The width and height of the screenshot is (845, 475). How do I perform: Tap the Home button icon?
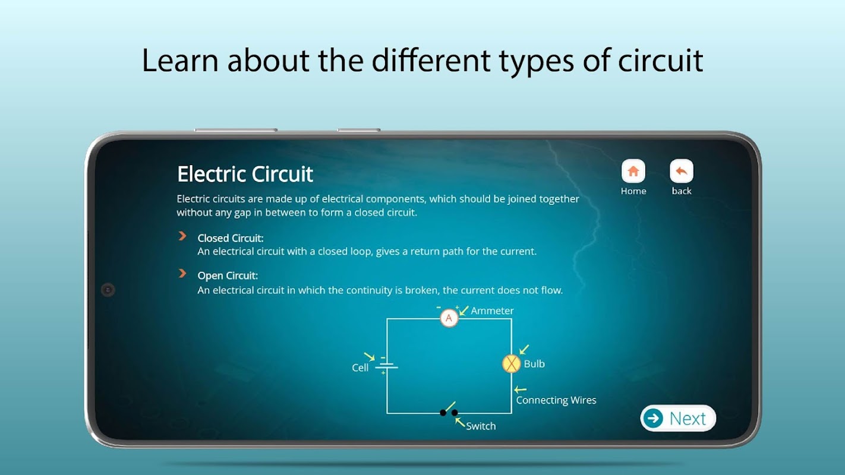[x=633, y=171]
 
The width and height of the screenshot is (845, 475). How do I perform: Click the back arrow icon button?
[x=681, y=171]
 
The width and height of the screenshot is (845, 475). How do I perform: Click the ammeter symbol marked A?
[x=449, y=318]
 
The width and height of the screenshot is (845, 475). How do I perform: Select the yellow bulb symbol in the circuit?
[x=511, y=364]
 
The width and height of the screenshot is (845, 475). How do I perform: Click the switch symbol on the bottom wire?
[x=449, y=410]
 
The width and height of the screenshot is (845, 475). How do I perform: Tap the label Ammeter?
[x=492, y=311]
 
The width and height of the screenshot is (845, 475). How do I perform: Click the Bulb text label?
[x=534, y=364]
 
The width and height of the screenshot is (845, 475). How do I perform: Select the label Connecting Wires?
[x=556, y=400]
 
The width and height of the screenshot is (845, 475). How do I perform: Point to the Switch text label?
[x=481, y=426]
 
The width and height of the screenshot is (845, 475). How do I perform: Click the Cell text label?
[x=360, y=368]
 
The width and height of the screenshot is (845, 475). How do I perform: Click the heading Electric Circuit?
[x=245, y=174]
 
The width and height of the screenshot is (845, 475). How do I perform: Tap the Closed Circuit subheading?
[x=231, y=238]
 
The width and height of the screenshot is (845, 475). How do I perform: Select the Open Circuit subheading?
[x=228, y=275]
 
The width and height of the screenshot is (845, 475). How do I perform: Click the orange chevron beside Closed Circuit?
[x=182, y=236]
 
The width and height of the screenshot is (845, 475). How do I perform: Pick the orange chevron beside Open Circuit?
[x=182, y=273]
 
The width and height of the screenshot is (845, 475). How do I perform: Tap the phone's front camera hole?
[x=108, y=290]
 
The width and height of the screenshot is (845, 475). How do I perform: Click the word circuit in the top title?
[x=661, y=61]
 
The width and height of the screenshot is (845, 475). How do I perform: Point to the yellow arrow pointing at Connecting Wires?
[x=520, y=389]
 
